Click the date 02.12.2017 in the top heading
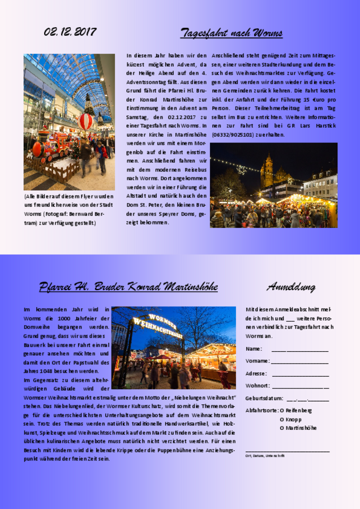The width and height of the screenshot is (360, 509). coord(70,32)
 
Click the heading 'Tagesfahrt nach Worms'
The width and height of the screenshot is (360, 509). coord(232,33)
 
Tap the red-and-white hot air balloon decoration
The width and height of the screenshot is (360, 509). coord(85,121)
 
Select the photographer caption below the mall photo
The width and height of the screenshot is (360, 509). coord(68,210)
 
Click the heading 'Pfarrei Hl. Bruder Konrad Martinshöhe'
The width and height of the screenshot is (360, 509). coord(128,287)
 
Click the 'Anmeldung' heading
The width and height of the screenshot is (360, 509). coord(290,287)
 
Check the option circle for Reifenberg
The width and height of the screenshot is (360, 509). coord(282,410)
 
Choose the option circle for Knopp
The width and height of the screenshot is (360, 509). coord(282,419)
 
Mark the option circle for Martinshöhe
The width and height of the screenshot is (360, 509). coord(282,428)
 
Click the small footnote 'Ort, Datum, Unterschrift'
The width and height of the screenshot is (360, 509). coord(265,455)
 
